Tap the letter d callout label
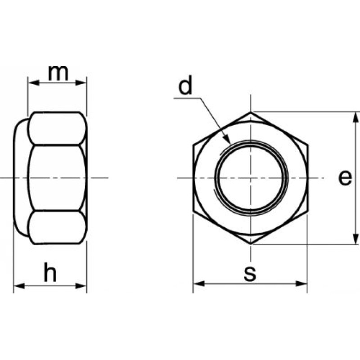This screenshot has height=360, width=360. pyautogui.click(x=185, y=86)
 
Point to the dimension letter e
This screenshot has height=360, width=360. pyautogui.click(x=345, y=178)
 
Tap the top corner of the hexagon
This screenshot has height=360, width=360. pyautogui.click(x=251, y=111)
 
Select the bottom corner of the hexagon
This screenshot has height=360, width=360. pyautogui.click(x=251, y=245)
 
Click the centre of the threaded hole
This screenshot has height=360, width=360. pyautogui.click(x=251, y=178)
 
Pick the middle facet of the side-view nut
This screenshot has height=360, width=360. pyautogui.click(x=56, y=178)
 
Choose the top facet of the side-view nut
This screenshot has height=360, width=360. pyautogui.click(x=56, y=128)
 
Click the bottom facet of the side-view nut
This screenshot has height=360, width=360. pyautogui.click(x=56, y=227)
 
